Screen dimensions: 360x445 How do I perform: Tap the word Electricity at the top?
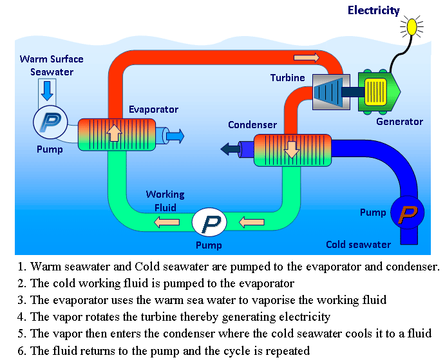point(374,10)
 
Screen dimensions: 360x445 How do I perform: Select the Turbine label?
point(287,78)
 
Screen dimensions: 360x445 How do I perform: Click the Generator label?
point(399,121)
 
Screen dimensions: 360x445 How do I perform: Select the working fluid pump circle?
point(210,223)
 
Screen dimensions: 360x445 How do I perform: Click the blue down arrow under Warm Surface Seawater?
point(46,90)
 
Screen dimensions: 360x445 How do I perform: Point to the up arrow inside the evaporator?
point(114,132)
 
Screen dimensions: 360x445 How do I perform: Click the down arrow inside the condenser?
point(292,149)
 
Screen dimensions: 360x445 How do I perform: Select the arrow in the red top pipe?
point(306,58)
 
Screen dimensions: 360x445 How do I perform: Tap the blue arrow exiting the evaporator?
point(176,135)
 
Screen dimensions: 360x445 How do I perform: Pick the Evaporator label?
point(153,109)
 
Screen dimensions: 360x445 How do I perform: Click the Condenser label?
point(252,125)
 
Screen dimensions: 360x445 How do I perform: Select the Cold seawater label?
point(358,244)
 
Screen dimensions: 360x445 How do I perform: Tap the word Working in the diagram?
point(165,194)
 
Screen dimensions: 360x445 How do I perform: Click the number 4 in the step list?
point(21,317)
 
